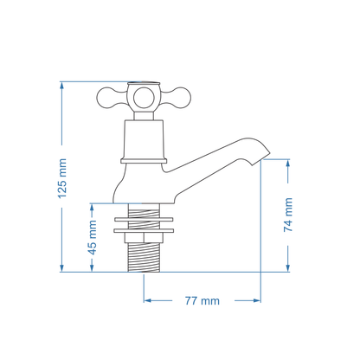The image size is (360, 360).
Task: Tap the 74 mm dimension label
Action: coord(289,215)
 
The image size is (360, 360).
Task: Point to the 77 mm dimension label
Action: coord(202,300)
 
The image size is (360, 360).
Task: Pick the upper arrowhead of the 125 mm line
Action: coord(61,86)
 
